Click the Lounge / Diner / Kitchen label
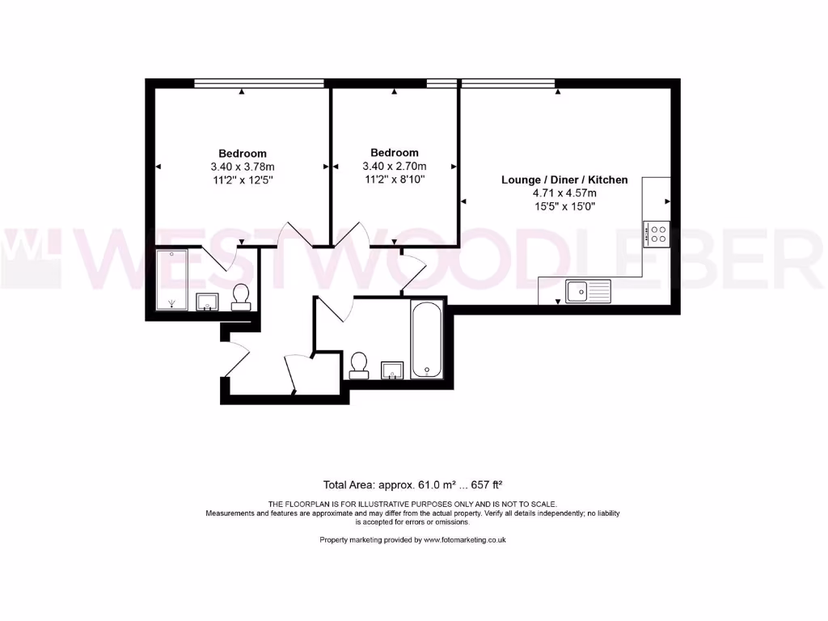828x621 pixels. [x=564, y=180]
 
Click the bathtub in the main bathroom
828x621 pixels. [x=427, y=340]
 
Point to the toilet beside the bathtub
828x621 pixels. [x=358, y=365]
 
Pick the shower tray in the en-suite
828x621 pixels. [x=171, y=279]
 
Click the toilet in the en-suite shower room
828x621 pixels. [x=241, y=297]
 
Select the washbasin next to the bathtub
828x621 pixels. [x=392, y=370]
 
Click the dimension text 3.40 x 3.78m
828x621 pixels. [x=242, y=167]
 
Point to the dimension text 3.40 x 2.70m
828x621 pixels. [x=394, y=166]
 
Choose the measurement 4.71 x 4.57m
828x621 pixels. [x=564, y=193]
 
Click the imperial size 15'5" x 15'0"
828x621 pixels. [x=564, y=206]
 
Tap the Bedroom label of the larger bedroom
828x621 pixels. [x=242, y=154]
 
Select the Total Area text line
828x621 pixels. [x=413, y=485]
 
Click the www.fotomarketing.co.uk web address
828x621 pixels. [x=464, y=539]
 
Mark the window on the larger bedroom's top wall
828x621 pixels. [x=259, y=82]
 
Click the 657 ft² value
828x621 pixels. [x=486, y=485]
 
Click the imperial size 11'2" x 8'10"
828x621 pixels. [x=394, y=179]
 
